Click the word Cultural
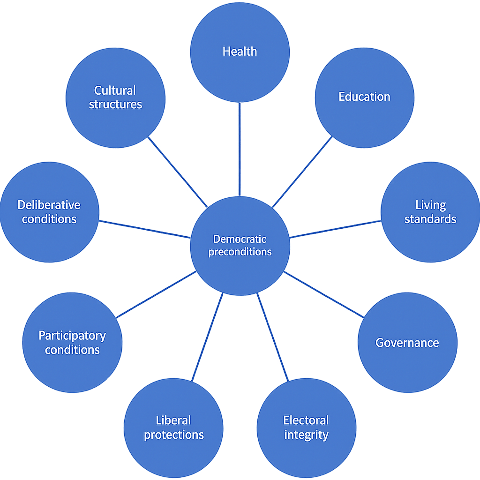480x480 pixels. point(115,90)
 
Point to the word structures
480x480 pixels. point(115,104)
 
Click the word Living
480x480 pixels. point(430,205)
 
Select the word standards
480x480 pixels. point(430,219)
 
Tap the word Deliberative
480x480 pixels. point(49,205)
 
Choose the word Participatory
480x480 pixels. point(72,336)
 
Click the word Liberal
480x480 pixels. point(173,420)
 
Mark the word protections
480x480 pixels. point(173,435)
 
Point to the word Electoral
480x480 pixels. point(306,420)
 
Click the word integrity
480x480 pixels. point(306,435)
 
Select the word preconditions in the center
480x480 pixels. point(240,252)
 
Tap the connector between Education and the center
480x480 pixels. point(302,172)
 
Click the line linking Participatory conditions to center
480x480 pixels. point(156,295)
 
